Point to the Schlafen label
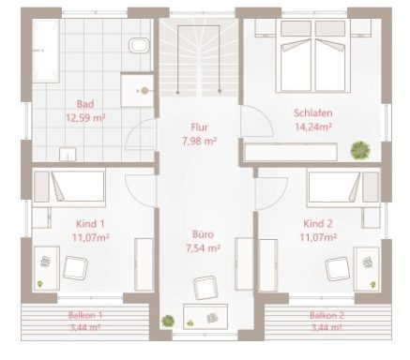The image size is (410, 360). (x=312, y=113)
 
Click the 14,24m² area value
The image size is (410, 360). (x=312, y=127)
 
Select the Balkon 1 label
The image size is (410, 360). (x=86, y=316)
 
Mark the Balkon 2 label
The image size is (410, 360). (x=326, y=316)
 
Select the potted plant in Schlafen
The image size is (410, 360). (x=358, y=148)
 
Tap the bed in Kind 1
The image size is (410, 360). (x=70, y=187)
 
